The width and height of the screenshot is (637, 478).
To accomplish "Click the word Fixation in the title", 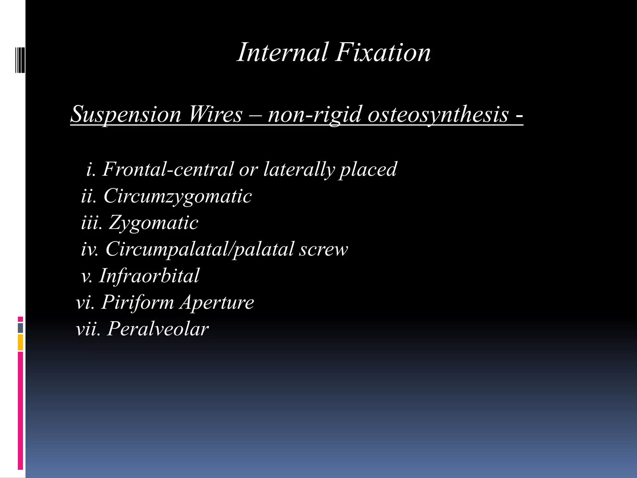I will (x=383, y=52).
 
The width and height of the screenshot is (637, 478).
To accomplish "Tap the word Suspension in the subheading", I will (x=126, y=115).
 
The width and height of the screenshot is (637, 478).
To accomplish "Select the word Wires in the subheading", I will (x=216, y=114).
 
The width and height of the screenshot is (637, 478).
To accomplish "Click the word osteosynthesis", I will (x=438, y=115).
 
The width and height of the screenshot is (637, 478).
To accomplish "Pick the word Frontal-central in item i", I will (x=168, y=169).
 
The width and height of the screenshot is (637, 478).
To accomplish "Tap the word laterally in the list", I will (x=299, y=170).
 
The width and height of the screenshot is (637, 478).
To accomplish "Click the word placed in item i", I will (x=368, y=170).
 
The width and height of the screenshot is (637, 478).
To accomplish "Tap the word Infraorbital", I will (x=149, y=276).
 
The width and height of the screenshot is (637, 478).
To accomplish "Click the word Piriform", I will (x=137, y=302).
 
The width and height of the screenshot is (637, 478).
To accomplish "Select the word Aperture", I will (x=217, y=302).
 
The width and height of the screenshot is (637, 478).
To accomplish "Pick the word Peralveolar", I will (x=158, y=329).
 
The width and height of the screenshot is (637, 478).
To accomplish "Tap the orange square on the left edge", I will (x=21, y=342).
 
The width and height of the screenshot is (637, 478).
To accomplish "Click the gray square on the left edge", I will (x=21, y=328).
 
